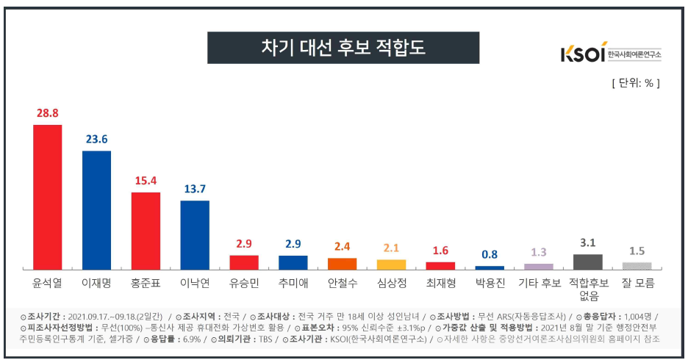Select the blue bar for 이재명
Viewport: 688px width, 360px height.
[x=96, y=210]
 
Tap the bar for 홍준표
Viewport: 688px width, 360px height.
[x=146, y=231]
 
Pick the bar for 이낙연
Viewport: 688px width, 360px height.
[x=195, y=234]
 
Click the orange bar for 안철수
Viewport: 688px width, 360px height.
[x=342, y=263]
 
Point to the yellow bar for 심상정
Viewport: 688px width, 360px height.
[x=391, y=264]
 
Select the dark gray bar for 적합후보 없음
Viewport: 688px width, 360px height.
[x=588, y=262]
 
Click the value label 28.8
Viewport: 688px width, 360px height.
[x=47, y=113]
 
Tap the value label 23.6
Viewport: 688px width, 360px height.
[x=96, y=140]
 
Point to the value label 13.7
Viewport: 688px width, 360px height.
[x=195, y=190]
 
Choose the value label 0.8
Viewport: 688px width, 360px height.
[x=490, y=255]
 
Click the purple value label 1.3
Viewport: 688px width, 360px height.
[x=539, y=252]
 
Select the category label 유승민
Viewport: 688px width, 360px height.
[x=243, y=282]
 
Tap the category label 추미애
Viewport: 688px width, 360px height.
[x=293, y=282]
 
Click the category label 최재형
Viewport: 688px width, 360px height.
[x=440, y=282]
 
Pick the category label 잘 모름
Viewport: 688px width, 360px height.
[x=637, y=282]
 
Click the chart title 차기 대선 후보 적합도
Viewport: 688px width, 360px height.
[x=343, y=48]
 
